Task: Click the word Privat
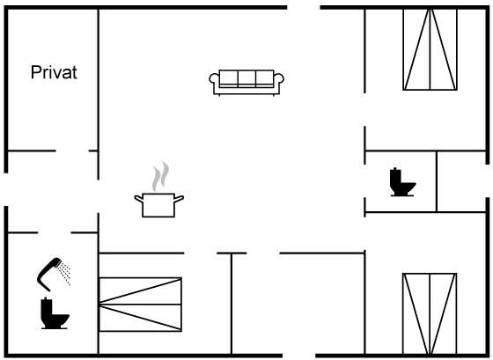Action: tap(54, 72)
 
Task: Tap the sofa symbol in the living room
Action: tap(246, 82)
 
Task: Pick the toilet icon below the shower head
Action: tap(55, 313)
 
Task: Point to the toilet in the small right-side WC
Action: tap(402, 182)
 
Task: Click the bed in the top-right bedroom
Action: tap(430, 49)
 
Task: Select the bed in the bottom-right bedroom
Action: tap(430, 313)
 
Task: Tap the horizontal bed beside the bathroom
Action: tap(141, 305)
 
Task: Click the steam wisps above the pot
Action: tap(160, 176)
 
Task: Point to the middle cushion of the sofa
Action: tap(246, 78)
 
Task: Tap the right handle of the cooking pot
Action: tap(179, 199)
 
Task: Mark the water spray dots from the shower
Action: tap(64, 274)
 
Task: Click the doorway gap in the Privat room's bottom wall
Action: tap(72, 151)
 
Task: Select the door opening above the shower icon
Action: tap(55, 232)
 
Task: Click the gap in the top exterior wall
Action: tap(304, 7)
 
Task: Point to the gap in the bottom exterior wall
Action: tap(299, 356)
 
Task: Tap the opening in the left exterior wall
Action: tap(5, 189)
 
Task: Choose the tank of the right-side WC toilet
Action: tap(395, 178)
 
